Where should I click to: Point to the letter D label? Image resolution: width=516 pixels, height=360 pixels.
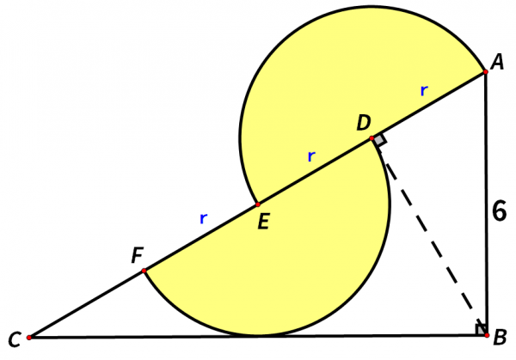pyautogui.click(x=364, y=123)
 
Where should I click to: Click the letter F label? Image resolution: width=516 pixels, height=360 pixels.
pyautogui.click(x=138, y=255)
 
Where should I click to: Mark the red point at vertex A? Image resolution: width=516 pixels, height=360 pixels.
pyautogui.click(x=485, y=72)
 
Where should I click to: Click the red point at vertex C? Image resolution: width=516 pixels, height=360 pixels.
pyautogui.click(x=29, y=338)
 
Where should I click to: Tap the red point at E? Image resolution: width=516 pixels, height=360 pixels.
pyautogui.click(x=257, y=204)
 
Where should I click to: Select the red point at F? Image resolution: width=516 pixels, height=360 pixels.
pyautogui.click(x=144, y=271)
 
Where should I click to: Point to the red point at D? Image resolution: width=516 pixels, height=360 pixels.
pyautogui.click(x=372, y=138)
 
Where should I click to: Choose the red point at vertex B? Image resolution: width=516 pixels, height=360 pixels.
pyautogui.click(x=485, y=338)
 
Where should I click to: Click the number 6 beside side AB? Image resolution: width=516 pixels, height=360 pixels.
pyautogui.click(x=499, y=210)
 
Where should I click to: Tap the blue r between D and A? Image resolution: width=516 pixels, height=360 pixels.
pyautogui.click(x=423, y=90)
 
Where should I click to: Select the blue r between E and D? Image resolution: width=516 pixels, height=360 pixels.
pyautogui.click(x=311, y=156)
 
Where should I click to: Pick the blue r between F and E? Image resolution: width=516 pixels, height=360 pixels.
pyautogui.click(x=203, y=219)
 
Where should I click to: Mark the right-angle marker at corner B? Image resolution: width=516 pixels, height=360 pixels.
pyautogui.click(x=479, y=330)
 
